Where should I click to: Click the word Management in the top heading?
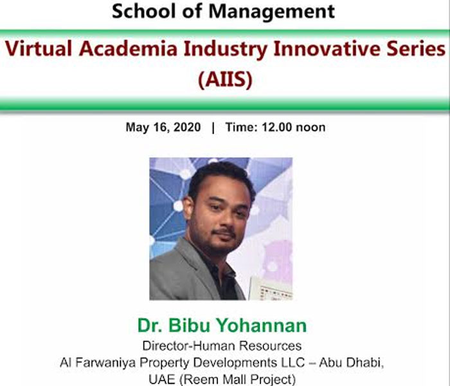pos(271,12)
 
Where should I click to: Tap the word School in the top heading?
pos(145,12)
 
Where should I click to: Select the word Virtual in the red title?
pos(39,48)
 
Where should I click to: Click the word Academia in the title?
pos(129,48)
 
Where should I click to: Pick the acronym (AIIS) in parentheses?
pos(225,79)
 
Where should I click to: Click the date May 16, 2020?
pos(163,127)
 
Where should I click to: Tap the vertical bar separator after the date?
pos(213,127)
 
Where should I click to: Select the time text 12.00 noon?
pos(293,127)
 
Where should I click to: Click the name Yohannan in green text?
pos(261,326)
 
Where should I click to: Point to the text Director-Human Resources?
pos(222,346)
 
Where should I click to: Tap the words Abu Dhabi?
pos(351,362)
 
